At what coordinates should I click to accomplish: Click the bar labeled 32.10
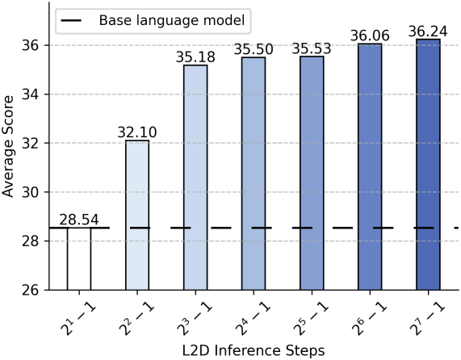pos(137,216)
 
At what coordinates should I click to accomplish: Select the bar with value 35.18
pos(195,178)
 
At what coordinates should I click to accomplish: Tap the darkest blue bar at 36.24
pos(428,165)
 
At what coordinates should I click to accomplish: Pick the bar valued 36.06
pos(370,167)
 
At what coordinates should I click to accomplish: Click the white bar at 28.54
pos(79,259)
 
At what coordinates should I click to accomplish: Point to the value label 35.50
pos(254,49)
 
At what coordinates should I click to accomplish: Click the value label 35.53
pos(312,48)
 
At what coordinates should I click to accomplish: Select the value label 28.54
pos(79,220)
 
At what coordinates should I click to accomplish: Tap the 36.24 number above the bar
pos(428,31)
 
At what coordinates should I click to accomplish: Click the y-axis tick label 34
pos(31,94)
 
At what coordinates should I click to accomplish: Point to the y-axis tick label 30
pos(31,192)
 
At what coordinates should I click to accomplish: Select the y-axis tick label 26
pos(31,291)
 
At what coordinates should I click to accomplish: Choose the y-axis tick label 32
pos(31,144)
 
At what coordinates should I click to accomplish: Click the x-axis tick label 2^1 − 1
pos(78,319)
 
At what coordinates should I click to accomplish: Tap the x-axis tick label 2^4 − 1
pos(254,319)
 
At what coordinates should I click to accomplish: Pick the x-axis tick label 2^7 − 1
pos(428,319)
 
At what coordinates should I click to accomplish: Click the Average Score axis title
pos(8,146)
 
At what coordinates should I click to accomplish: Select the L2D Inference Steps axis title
pos(254,350)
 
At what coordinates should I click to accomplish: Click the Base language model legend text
pos(172,20)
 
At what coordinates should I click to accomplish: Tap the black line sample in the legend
pos(71,20)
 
